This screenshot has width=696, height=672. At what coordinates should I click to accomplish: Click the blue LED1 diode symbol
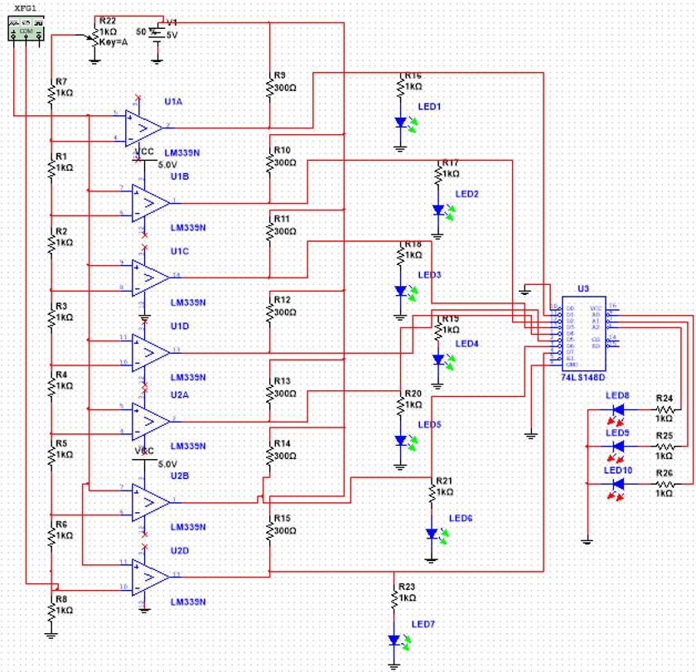(x=401, y=123)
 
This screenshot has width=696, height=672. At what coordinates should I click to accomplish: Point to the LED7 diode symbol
(x=394, y=641)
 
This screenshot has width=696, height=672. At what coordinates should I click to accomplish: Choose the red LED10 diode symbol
(x=617, y=482)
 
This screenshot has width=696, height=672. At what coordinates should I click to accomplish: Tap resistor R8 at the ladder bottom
(x=51, y=608)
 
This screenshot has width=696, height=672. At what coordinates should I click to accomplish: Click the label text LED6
(x=461, y=518)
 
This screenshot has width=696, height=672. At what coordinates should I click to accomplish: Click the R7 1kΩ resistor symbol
(x=51, y=93)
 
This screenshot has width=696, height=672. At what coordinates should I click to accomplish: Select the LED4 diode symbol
(x=438, y=360)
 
